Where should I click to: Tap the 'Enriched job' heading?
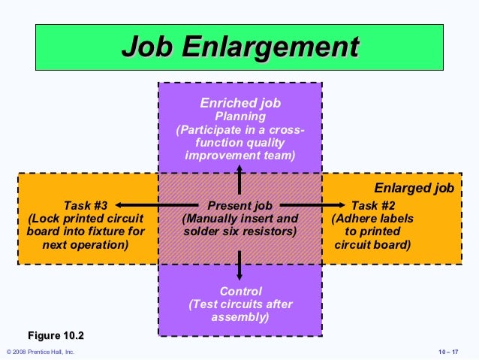(239, 103)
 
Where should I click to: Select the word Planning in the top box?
(239, 116)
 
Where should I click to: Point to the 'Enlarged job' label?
(414, 188)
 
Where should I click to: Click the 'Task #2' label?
(373, 204)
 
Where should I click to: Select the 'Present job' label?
(239, 204)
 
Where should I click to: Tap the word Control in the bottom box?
(240, 291)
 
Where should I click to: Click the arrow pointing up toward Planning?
(239, 180)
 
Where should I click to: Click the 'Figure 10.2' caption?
(56, 334)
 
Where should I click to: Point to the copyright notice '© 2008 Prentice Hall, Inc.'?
(40, 352)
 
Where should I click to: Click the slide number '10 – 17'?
(447, 352)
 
